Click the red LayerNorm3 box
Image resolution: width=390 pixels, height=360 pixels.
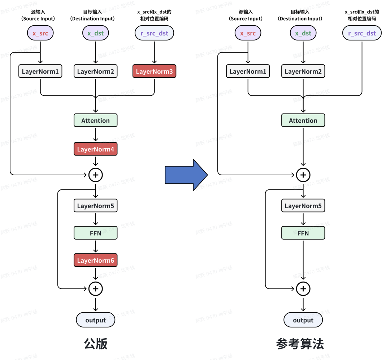154,72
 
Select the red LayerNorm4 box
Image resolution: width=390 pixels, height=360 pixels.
96,149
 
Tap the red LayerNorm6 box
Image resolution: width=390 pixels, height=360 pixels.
96,260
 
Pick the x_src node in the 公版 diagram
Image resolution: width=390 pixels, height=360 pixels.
40,33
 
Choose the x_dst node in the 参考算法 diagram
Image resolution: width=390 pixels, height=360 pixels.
303,33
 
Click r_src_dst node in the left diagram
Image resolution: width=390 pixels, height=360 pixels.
154,33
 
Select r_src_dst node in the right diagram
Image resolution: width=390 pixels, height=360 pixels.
362,33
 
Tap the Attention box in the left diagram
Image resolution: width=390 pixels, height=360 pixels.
96,120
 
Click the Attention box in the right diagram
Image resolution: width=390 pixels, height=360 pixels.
303,120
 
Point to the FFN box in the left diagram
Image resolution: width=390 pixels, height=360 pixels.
96,233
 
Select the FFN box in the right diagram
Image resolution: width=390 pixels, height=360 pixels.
303,233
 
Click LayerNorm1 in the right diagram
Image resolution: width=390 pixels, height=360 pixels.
248,72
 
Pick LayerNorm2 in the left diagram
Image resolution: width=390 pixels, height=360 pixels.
96,72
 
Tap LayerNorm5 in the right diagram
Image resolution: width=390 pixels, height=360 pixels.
303,206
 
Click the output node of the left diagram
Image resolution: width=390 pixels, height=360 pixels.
96,320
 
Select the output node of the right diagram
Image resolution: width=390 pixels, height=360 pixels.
303,320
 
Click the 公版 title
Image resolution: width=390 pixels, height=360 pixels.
96,344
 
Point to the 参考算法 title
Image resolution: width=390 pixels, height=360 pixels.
300,344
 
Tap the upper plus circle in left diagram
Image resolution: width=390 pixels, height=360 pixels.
96,175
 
